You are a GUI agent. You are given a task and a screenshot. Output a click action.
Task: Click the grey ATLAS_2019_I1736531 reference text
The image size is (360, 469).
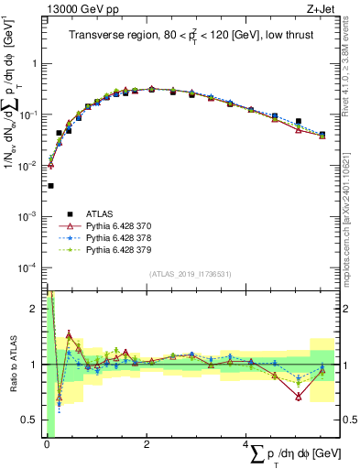pyautogui.click(x=190, y=274)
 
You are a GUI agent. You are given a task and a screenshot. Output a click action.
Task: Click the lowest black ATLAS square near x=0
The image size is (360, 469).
pyautogui.click(x=50, y=185)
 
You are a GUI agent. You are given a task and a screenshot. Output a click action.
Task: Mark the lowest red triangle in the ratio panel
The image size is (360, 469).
pyautogui.click(x=299, y=397)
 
